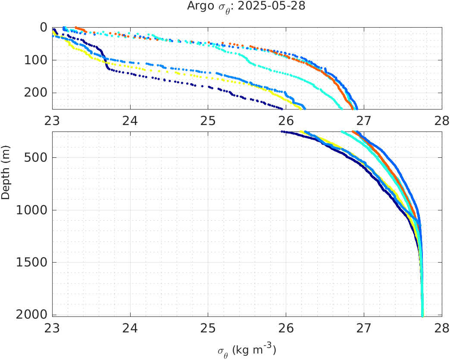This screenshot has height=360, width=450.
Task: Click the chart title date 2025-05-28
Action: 281,6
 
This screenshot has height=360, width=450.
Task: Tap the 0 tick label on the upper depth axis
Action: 44,27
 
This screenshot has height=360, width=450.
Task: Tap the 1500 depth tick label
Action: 32,262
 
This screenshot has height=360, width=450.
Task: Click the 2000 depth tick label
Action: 32,314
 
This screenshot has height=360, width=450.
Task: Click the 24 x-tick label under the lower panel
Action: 130,329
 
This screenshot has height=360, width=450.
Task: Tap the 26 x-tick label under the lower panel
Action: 286,329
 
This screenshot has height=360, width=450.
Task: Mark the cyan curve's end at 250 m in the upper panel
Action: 341,108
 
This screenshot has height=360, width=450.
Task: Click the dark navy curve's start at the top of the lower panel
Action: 282,131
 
